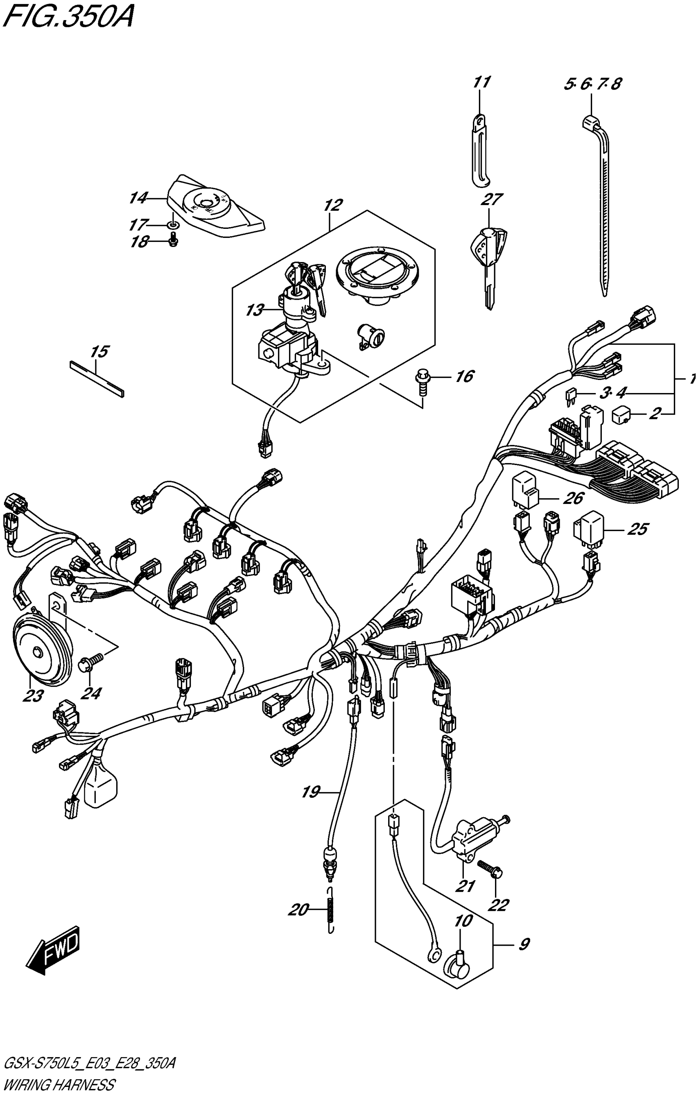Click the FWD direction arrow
[54, 949]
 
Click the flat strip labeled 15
[97, 377]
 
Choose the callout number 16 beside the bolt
[464, 376]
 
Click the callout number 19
[311, 792]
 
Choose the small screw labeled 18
[173, 241]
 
